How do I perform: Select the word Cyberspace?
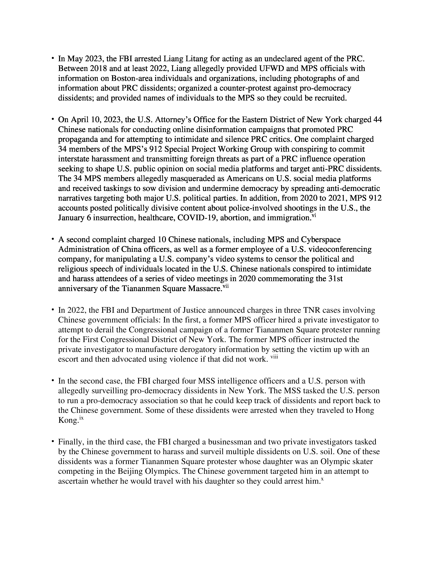[x=321, y=240]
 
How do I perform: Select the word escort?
[x=68, y=359]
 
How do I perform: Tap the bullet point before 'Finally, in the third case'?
[x=52, y=442]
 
